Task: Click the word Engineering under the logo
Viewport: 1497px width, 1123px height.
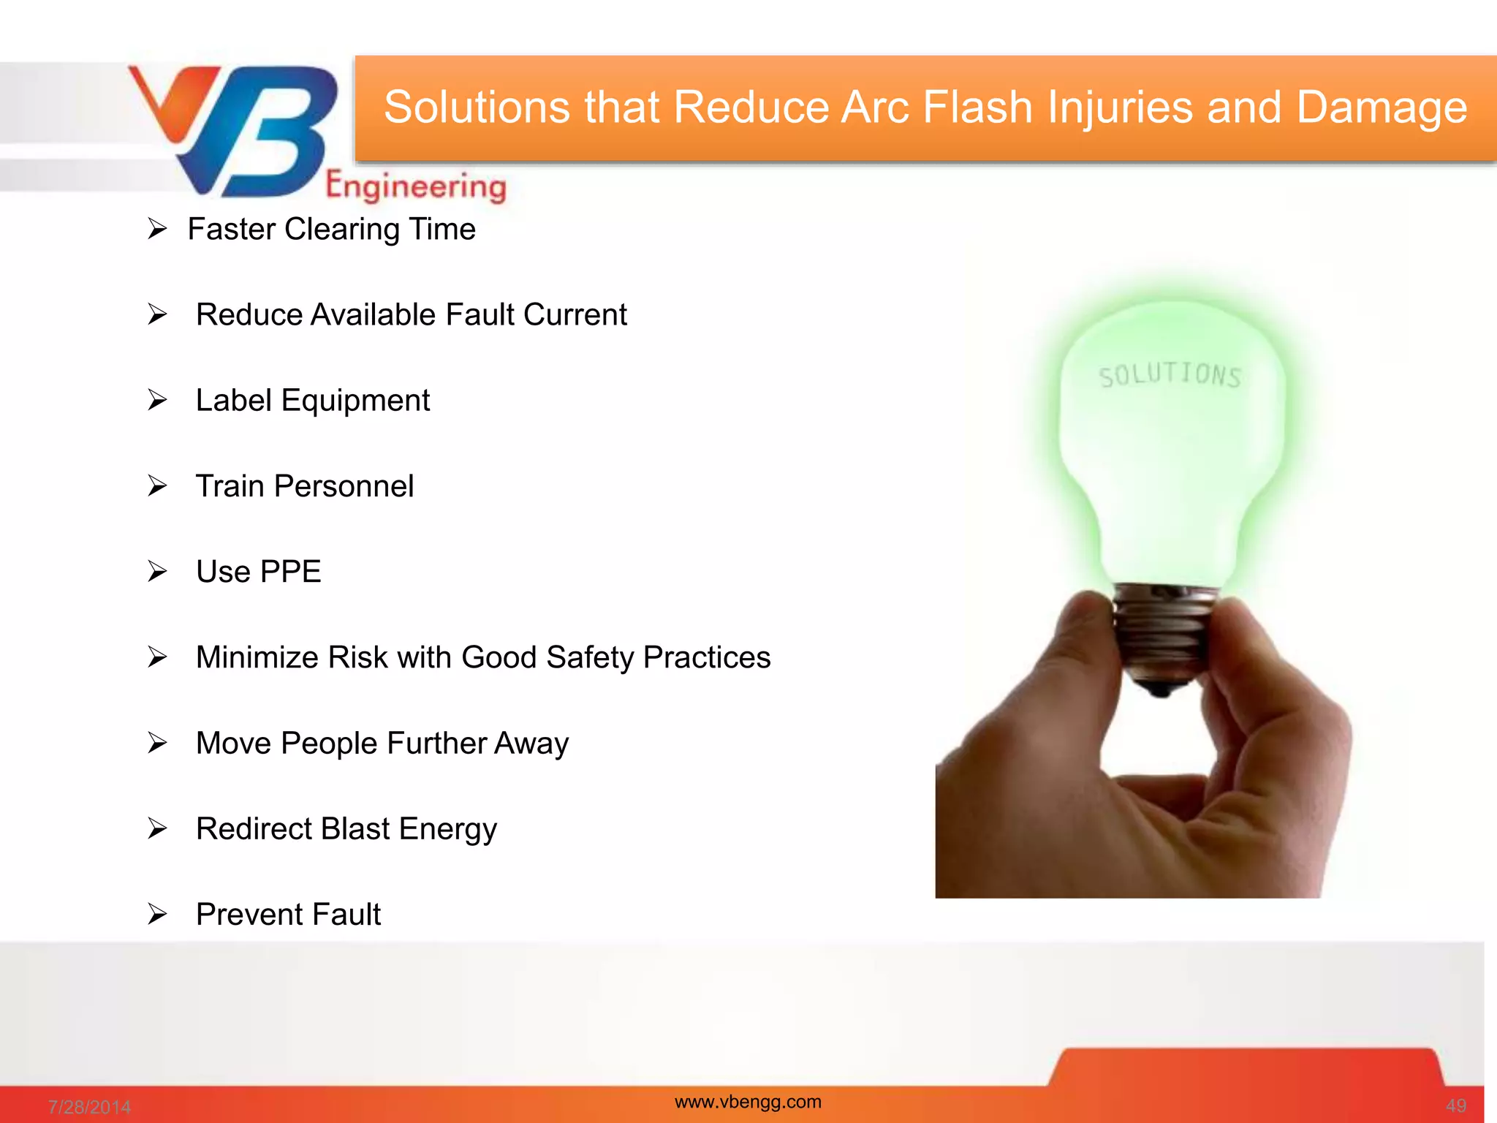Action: pos(415,186)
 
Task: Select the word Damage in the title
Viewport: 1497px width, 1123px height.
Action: pos(1381,107)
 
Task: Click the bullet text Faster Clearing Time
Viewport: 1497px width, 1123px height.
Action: pos(331,230)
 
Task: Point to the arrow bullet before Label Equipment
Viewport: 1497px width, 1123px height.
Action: pos(157,400)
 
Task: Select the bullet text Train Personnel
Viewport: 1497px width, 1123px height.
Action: pos(305,486)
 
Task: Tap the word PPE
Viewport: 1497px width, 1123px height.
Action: pos(291,572)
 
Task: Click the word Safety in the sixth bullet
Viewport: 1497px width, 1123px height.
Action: pos(590,657)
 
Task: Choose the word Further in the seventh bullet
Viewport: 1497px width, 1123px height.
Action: pos(436,744)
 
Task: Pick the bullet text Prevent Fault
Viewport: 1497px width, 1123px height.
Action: pos(288,915)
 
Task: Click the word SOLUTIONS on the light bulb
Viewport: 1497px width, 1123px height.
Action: pos(1170,376)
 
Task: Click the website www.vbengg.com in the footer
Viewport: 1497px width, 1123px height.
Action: pos(748,1102)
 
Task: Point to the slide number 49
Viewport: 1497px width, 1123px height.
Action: pos(1455,1106)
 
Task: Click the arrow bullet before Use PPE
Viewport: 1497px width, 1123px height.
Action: pos(157,571)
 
